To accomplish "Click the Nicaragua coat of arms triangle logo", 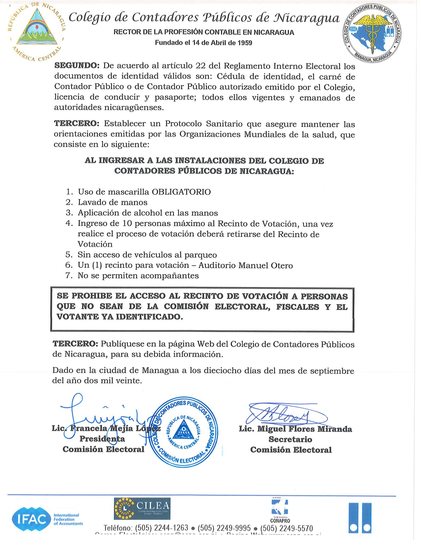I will pyautogui.click(x=37, y=29).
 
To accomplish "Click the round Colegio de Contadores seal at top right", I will pyautogui.click(x=372, y=33).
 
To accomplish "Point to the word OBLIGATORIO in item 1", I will pyautogui.click(x=181, y=192).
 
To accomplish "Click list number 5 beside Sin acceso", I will pyautogui.click(x=69, y=255).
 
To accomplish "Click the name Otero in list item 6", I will pyautogui.click(x=282, y=265).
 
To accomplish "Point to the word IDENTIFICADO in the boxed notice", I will pyautogui.click(x=149, y=317).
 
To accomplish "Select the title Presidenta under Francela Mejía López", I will pyautogui.click(x=102, y=439).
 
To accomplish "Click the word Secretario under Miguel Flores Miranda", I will pyautogui.click(x=290, y=439).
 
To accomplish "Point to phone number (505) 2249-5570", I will pyautogui.click(x=287, y=528).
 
